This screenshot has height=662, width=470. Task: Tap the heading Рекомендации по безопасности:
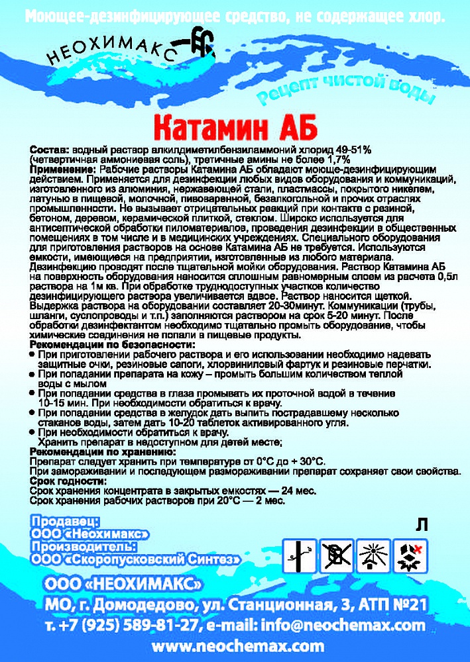tap(113, 345)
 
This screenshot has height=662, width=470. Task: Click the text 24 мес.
tap(298, 491)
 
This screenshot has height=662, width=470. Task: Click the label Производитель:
tap(83, 547)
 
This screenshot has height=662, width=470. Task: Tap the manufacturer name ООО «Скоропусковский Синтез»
tap(135, 560)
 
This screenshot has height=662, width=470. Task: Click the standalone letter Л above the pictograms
tap(421, 525)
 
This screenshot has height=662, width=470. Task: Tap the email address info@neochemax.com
tap(352, 625)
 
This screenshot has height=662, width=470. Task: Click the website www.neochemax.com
tap(238, 646)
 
